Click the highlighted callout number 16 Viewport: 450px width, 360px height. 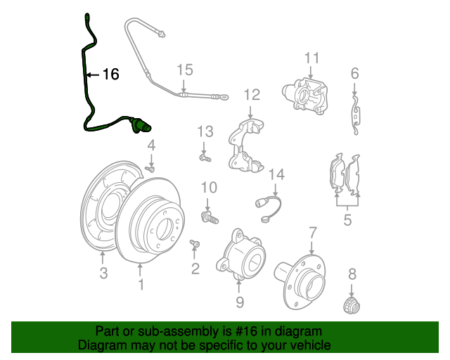[111, 75]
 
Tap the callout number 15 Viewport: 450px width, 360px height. [185, 70]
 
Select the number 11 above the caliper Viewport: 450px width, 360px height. [311, 58]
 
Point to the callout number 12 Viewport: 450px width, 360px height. [252, 95]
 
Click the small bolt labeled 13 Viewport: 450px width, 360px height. [205, 157]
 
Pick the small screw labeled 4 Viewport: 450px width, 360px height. [150, 169]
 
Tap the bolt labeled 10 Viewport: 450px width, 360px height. [210, 217]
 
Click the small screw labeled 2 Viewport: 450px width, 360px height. [195, 244]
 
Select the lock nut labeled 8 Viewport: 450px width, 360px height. [352, 305]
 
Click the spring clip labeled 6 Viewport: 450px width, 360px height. [356, 115]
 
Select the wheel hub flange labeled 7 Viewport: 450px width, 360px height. [301, 281]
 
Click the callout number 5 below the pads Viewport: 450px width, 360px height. [347, 220]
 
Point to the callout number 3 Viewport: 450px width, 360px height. [103, 272]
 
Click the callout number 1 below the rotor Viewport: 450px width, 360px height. [141, 284]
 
